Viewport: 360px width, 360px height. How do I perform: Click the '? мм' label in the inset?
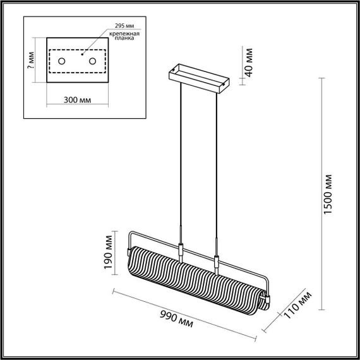(32, 61)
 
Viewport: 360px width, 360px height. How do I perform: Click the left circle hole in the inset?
(62, 61)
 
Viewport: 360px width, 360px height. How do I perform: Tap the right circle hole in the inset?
(92, 61)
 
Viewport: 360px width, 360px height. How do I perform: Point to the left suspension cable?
(181, 158)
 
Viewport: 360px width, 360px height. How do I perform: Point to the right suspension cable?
(217, 164)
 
